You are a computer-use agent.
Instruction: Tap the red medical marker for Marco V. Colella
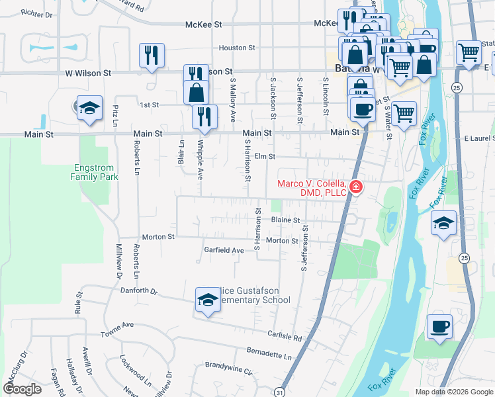pos(355,187)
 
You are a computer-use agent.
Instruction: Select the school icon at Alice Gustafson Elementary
pos(207,300)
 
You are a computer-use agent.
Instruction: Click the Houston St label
pos(237,48)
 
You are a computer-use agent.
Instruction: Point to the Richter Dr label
pos(36,13)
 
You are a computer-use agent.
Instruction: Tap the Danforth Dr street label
pos(139,290)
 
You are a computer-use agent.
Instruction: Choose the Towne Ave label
pos(117,325)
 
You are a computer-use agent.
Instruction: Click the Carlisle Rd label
pos(285,337)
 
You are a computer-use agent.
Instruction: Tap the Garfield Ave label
pos(224,250)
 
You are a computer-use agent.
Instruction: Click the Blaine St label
pos(285,220)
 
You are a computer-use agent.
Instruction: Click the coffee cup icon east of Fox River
pos(439,326)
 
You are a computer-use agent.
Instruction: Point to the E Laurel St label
pos(478,138)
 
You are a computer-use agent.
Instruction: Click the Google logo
pos(22,388)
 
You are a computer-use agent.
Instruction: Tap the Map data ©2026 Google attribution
pos(453,392)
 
